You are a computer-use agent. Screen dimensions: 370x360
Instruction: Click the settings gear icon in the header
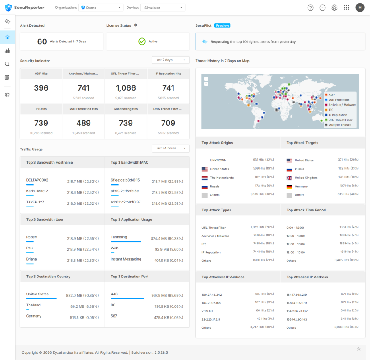(x=334, y=8)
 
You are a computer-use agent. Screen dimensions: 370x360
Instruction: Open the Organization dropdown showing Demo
(x=101, y=8)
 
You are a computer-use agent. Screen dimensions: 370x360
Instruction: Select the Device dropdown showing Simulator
(x=163, y=8)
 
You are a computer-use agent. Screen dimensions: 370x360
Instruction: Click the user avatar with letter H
(x=360, y=8)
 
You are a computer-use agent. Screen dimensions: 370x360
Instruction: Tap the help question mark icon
(x=311, y=8)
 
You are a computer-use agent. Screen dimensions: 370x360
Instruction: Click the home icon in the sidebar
(x=8, y=37)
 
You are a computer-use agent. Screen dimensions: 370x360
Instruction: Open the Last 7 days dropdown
(x=171, y=60)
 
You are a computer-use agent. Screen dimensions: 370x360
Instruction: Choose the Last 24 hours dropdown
(x=171, y=148)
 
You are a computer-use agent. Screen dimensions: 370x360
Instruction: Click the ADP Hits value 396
(x=41, y=88)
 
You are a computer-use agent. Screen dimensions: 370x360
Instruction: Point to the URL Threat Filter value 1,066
(x=126, y=88)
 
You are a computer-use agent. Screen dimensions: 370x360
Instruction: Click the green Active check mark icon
(x=142, y=41)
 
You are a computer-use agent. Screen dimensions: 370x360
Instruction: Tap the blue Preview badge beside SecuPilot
(x=222, y=25)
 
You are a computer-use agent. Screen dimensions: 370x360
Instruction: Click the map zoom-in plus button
(x=206, y=79)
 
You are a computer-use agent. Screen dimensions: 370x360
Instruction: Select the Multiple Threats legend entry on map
(x=338, y=125)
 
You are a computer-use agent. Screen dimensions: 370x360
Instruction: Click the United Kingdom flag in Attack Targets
(x=289, y=178)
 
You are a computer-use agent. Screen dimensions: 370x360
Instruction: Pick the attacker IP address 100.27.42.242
(x=212, y=294)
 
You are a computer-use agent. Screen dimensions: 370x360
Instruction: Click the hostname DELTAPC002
(x=37, y=180)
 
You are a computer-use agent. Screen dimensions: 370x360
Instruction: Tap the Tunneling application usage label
(x=119, y=237)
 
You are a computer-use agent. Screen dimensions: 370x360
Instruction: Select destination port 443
(x=114, y=294)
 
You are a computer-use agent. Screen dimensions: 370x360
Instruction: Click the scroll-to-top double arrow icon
(x=358, y=349)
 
